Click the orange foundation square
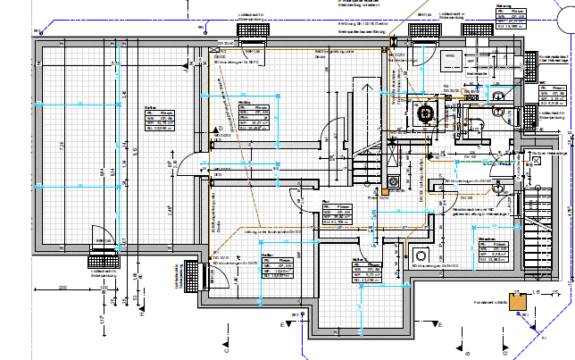(x=516, y=301)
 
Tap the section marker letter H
(x=140, y=313)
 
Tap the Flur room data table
(x=338, y=214)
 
